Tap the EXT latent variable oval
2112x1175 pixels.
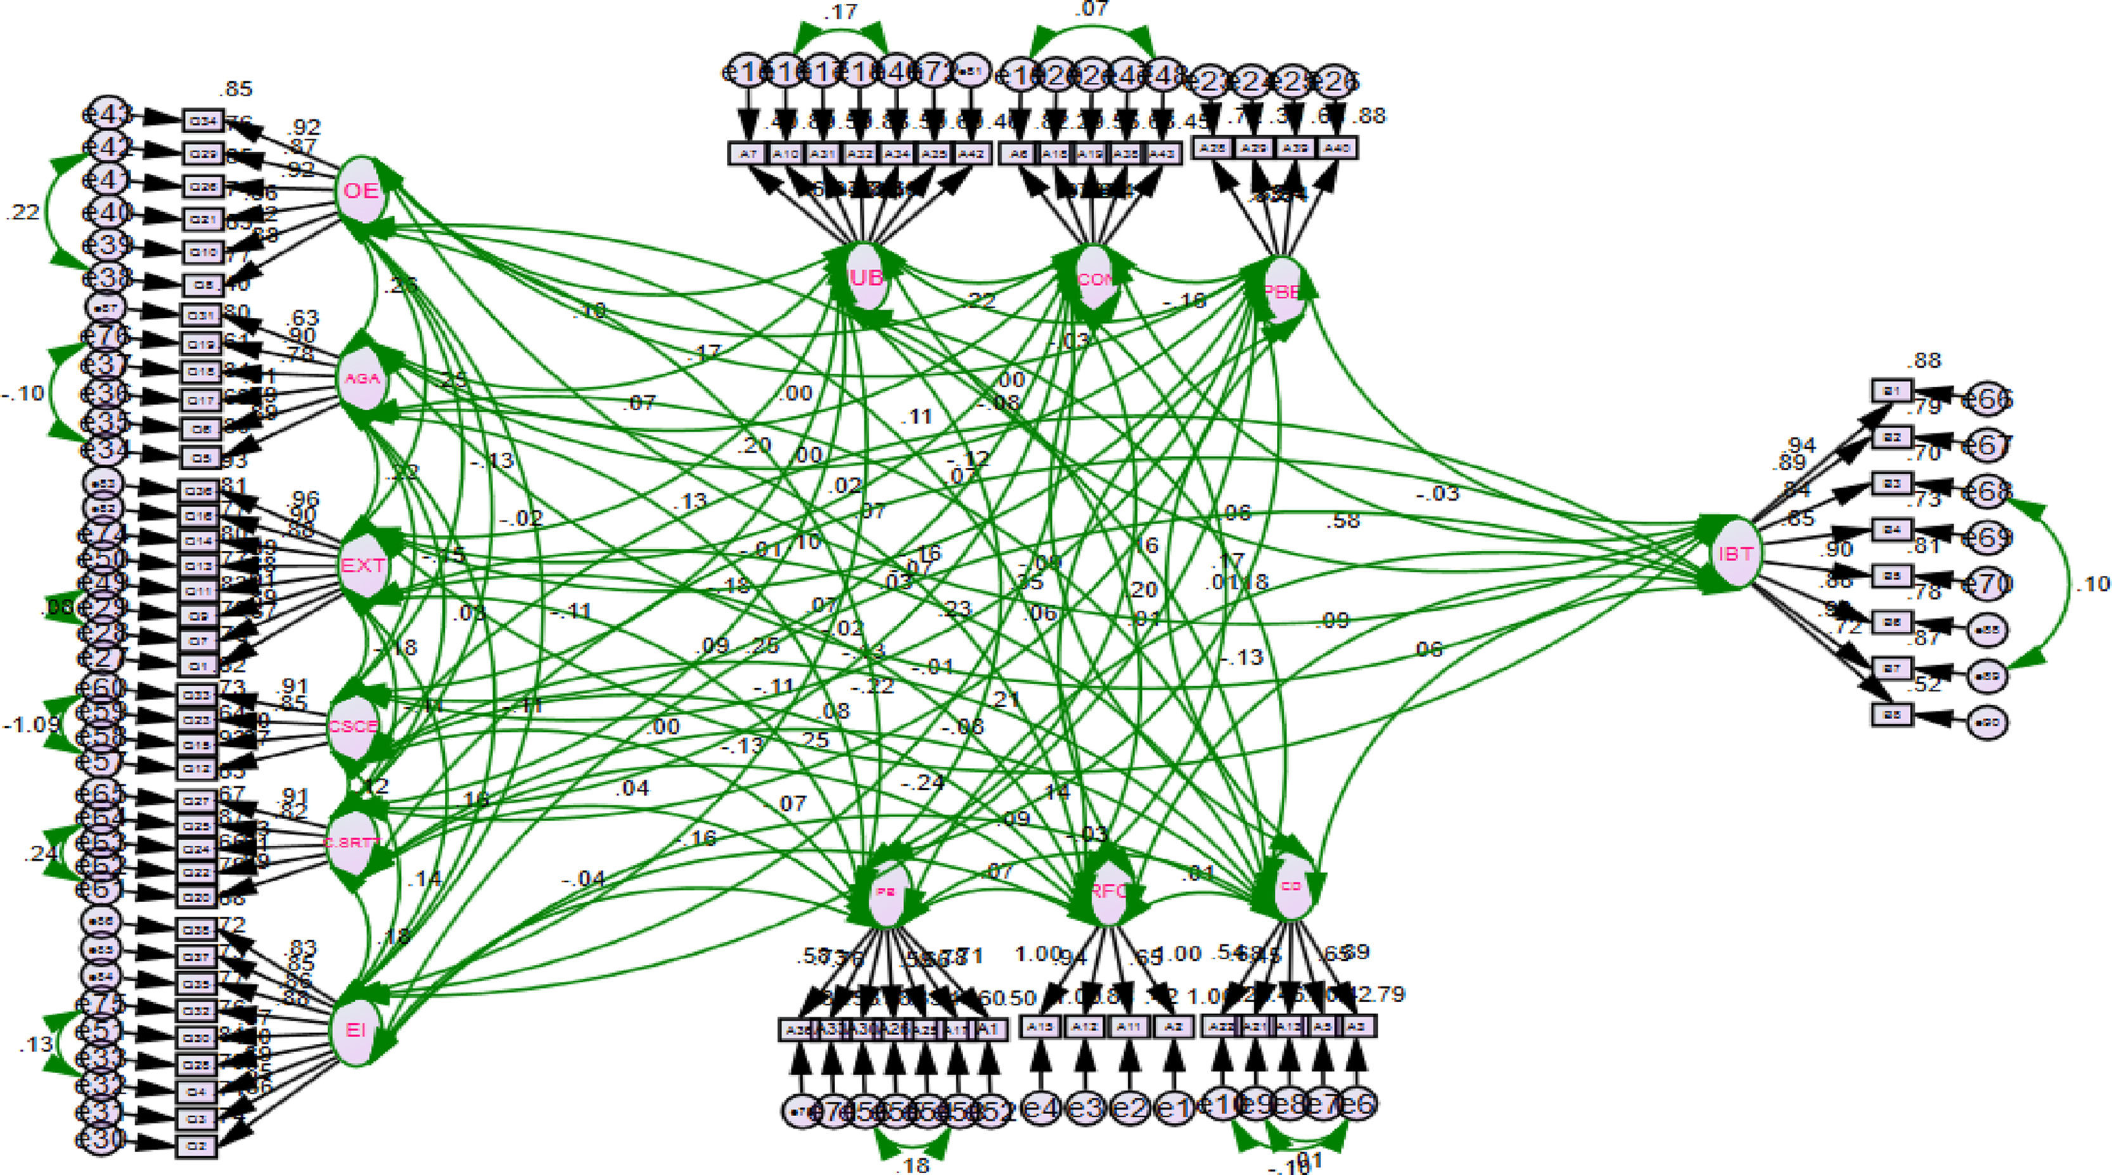point(362,566)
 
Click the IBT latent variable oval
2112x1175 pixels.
point(1735,554)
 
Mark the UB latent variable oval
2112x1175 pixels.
point(867,279)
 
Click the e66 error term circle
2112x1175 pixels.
point(1989,400)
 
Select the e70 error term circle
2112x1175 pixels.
point(1989,584)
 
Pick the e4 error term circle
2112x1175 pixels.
point(1041,1109)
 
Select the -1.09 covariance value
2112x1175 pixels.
point(30,725)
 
